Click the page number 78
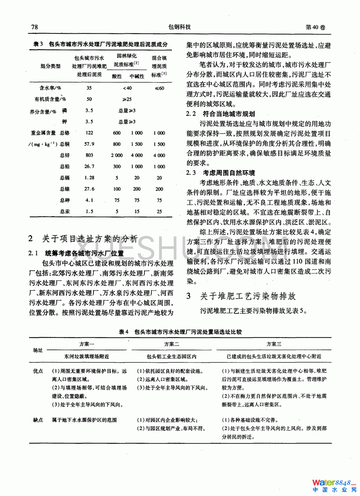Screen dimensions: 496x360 coord(35,27)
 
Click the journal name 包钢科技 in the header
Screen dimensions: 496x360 coord(180,27)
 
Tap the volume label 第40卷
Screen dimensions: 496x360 coord(315,27)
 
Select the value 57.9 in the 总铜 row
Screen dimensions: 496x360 coord(89,144)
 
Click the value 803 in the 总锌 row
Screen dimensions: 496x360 coord(89,155)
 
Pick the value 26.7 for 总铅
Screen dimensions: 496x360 coord(89,167)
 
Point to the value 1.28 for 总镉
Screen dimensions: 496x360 coord(89,178)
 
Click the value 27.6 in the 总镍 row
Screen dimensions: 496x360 coord(89,189)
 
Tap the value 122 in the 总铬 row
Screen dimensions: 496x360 coord(89,133)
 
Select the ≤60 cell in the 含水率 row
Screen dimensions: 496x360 coord(159,88)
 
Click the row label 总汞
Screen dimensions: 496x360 coord(65,211)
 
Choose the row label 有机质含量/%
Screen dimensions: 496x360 coord(50,99)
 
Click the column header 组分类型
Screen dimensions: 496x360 coord(50,66)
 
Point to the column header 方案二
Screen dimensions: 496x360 coord(171,344)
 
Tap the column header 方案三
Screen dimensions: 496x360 coord(274,344)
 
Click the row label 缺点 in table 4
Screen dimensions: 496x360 coord(38,420)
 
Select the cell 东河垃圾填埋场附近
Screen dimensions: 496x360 coord(86,357)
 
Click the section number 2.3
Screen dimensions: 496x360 coord(191,173)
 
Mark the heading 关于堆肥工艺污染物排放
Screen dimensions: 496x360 coord(248,296)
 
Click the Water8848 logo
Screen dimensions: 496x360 coord(334,485)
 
